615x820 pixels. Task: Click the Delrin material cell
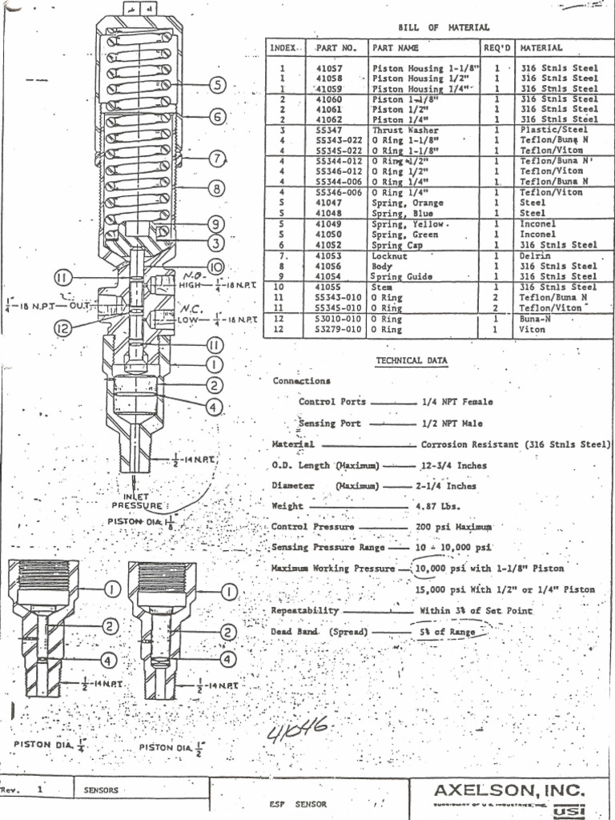pos(534,256)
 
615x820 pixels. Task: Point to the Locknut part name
pos(390,256)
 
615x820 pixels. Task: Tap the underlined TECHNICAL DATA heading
pos(412,361)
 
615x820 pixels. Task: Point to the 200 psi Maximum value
pos(453,528)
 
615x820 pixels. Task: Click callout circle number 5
pos(219,85)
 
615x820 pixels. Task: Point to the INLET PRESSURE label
pos(141,500)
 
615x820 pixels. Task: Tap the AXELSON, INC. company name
pos(515,790)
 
